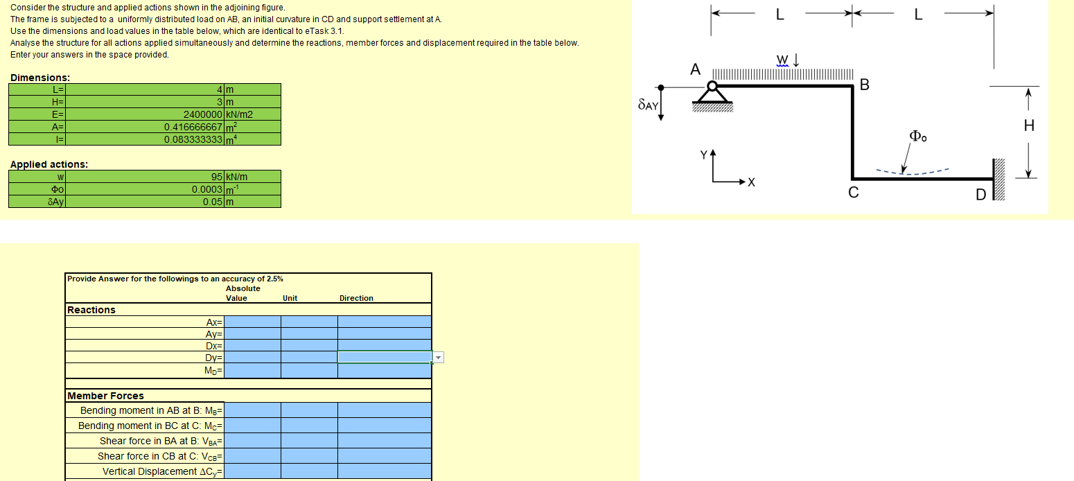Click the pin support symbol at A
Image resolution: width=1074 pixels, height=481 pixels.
tap(712, 91)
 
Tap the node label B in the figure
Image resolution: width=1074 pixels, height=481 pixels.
tap(864, 85)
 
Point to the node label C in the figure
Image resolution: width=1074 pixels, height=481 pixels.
tap(854, 194)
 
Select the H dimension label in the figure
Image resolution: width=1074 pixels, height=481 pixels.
tap(1029, 126)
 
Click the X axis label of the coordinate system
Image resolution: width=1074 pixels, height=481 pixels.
tap(750, 183)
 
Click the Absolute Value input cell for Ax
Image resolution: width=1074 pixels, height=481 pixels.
tap(252, 322)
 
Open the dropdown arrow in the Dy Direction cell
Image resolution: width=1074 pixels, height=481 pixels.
tap(437, 358)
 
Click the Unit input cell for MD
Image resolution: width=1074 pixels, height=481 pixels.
tap(309, 371)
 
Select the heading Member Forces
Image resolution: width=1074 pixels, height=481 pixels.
tap(106, 396)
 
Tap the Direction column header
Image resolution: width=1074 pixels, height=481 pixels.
tap(356, 298)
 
